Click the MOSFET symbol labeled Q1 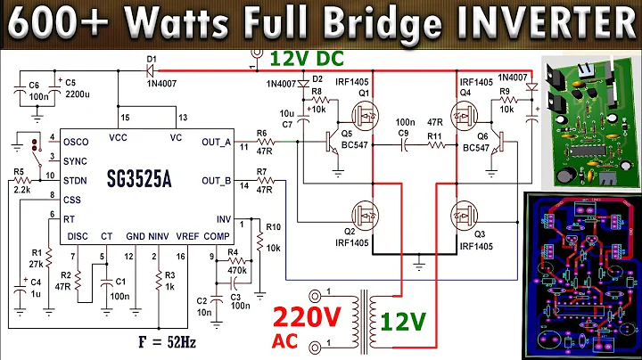click(365, 116)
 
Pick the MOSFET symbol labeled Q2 click(365, 214)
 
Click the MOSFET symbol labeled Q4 click(463, 116)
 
